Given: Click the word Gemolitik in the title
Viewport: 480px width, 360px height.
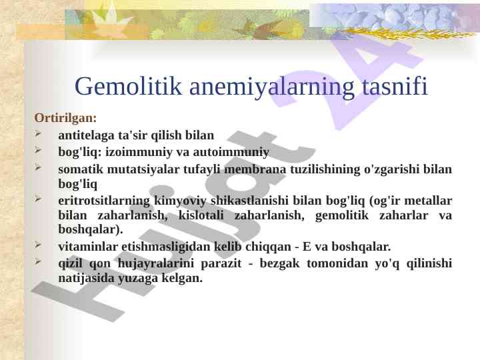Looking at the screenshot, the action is pyautogui.click(x=128, y=87).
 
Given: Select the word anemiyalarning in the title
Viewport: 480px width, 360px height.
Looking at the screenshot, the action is pyautogui.click(x=272, y=87).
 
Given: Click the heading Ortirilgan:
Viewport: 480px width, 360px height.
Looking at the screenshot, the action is pyautogui.click(x=65, y=118).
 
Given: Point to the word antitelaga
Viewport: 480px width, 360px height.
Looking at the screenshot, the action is pyautogui.click(x=86, y=135).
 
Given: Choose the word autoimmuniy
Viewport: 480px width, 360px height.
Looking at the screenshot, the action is pyautogui.click(x=231, y=152).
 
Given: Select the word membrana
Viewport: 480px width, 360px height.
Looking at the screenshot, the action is pyautogui.click(x=255, y=169).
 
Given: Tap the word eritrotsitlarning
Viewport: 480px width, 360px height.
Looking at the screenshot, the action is pyautogui.click(x=104, y=201).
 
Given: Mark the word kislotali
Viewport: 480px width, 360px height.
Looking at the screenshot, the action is pyautogui.click(x=201, y=215).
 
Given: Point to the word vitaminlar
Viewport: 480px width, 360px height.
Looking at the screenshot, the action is pyautogui.click(x=88, y=247).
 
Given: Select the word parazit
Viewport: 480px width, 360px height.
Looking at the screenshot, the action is pyautogui.click(x=221, y=263).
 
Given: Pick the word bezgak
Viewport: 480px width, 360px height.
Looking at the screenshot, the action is pyautogui.click(x=279, y=263).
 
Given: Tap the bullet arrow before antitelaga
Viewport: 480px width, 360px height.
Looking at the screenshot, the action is pyautogui.click(x=38, y=134).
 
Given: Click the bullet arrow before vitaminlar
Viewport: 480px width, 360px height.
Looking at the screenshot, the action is pyautogui.click(x=38, y=245).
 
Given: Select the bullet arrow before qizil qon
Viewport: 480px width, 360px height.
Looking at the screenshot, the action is pyautogui.click(x=38, y=262).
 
